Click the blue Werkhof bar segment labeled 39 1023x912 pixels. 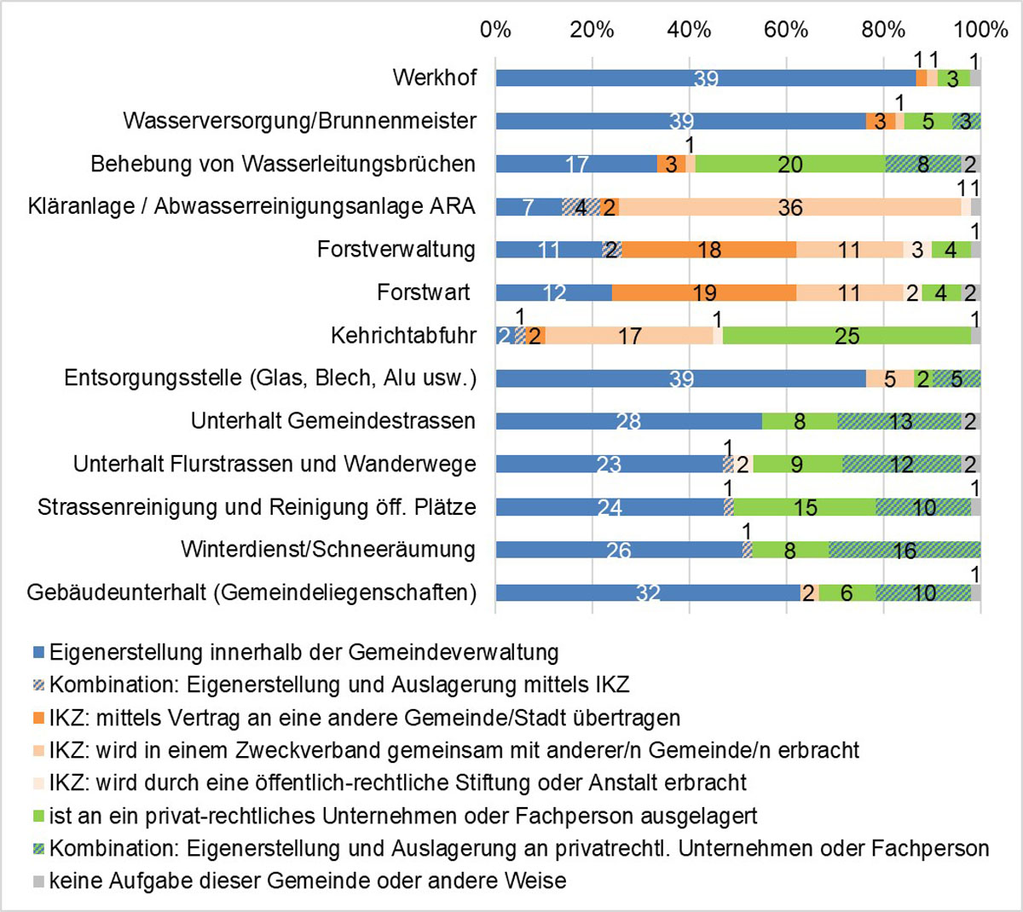[706, 78]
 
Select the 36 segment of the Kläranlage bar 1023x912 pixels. [790, 207]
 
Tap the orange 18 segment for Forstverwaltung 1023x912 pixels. [709, 250]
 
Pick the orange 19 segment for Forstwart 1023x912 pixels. [704, 293]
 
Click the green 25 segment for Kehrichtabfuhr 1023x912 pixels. [847, 336]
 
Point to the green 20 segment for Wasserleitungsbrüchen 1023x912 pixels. [790, 165]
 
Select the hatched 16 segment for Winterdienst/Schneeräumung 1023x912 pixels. [905, 550]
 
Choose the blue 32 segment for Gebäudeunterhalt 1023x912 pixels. [648, 592]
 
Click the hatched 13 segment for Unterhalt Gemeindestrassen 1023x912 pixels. [900, 421]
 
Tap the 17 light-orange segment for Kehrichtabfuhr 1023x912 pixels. [630, 336]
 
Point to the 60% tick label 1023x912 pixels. [785, 30]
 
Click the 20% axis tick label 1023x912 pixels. [592, 30]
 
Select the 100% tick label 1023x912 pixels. [980, 30]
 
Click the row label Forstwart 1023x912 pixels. [424, 293]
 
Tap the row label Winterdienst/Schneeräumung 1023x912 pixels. [328, 550]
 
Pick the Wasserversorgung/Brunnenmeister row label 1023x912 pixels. [299, 121]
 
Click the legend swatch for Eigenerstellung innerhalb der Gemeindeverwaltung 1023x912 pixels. [38, 654]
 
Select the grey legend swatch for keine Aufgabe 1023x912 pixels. [38, 880]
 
